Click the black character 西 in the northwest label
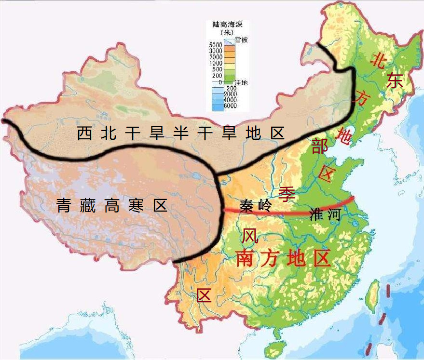(x=85, y=133)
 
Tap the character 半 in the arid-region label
(x=180, y=133)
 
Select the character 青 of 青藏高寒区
(x=65, y=206)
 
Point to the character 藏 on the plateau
(x=88, y=206)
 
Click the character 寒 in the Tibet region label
(x=137, y=206)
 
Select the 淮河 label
(x=325, y=214)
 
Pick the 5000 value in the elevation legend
(x=216, y=45)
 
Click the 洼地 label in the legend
(x=241, y=83)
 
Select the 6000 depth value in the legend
(x=230, y=106)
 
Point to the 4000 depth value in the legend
(x=230, y=100)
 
